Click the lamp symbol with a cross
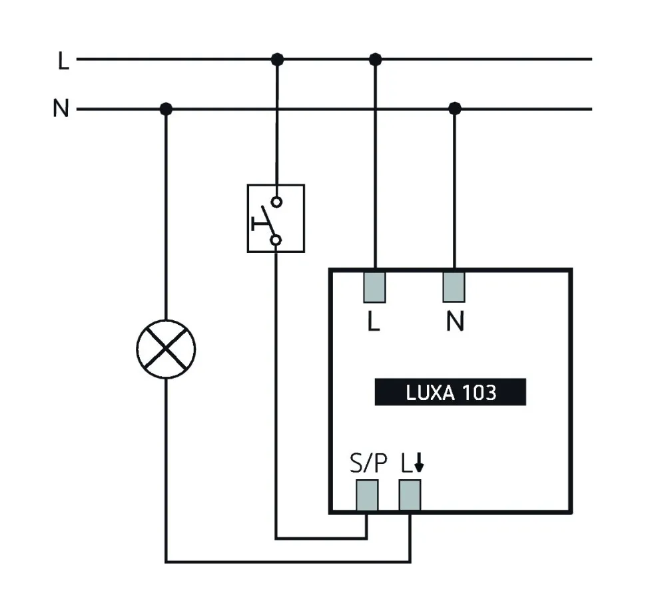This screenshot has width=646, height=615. [x=166, y=349]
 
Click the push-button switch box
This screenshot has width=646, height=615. [x=276, y=218]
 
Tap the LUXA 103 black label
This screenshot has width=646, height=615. [x=450, y=392]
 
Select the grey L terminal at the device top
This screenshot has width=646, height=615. [x=375, y=286]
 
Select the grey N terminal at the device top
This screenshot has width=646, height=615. [x=454, y=286]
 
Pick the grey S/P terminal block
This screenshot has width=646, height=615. [x=367, y=494]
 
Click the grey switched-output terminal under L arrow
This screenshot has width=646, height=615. [x=410, y=494]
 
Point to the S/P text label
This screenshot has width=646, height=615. [x=368, y=463]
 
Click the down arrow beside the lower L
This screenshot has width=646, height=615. [x=418, y=464]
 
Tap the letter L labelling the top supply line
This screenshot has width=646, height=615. [x=63, y=61]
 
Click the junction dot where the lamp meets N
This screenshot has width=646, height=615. [x=166, y=108]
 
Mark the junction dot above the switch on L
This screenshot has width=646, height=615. [x=278, y=59]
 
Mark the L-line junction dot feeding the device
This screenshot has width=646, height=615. [x=376, y=59]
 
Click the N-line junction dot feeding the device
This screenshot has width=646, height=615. [x=455, y=108]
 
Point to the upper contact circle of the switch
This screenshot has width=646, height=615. [x=276, y=201]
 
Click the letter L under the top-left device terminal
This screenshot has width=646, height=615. [x=374, y=323]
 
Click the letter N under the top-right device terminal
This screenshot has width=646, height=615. [x=455, y=323]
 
